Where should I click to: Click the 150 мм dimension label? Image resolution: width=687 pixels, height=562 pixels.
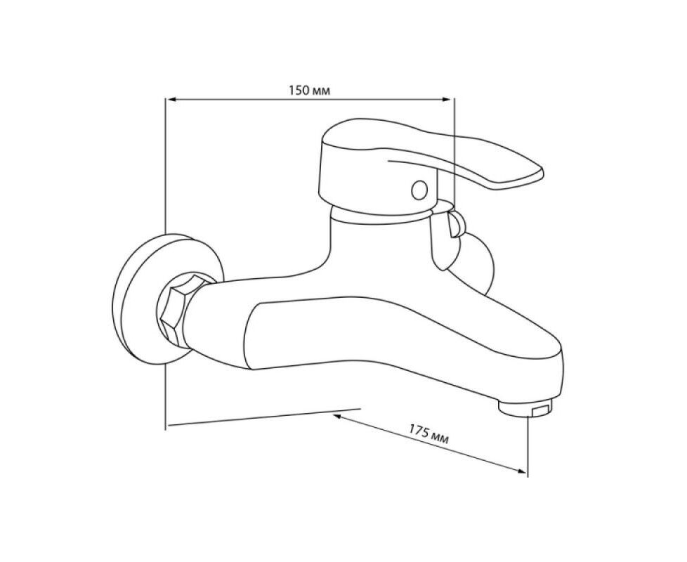(x=309, y=91)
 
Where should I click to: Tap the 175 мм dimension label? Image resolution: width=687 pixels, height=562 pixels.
(x=429, y=434)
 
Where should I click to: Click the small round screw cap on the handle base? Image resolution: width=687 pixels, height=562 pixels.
(x=419, y=190)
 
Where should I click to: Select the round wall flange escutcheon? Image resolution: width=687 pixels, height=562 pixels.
(x=131, y=298)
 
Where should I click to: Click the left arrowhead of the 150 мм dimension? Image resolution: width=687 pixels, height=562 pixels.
(x=171, y=100)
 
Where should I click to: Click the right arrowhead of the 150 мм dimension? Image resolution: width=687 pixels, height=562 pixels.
(x=447, y=100)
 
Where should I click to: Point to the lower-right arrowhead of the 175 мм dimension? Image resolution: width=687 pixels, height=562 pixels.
(x=521, y=471)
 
